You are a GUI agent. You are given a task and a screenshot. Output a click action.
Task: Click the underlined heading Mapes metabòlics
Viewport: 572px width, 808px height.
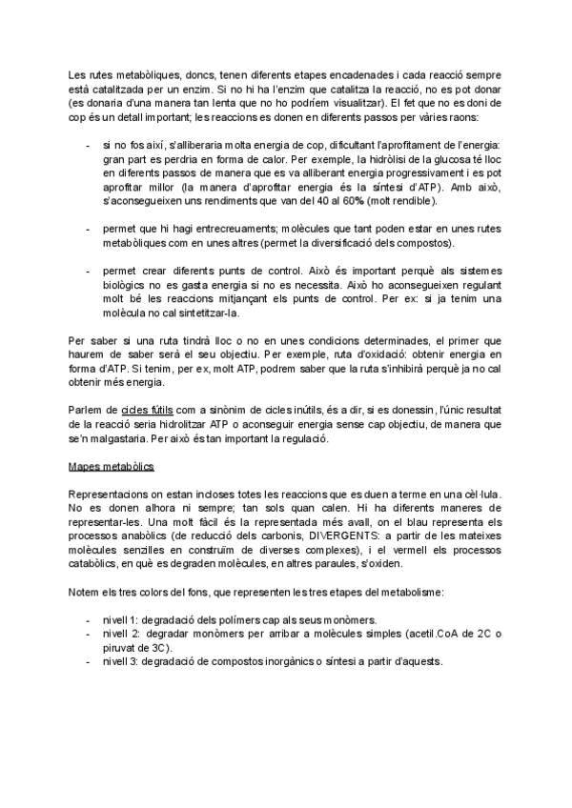tap(111, 467)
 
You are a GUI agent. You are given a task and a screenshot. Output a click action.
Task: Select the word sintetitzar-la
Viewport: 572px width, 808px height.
tap(207, 313)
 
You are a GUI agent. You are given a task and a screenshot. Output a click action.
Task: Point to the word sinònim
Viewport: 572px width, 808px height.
tap(222, 409)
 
